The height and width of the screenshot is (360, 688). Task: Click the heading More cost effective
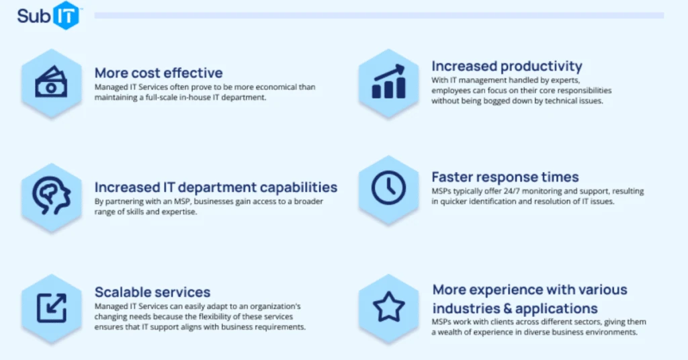tap(158, 73)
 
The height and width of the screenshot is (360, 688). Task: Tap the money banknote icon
tap(51, 81)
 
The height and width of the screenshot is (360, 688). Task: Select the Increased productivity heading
tap(507, 66)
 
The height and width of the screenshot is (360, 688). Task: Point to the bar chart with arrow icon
tap(388, 81)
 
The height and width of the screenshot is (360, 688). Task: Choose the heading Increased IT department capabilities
tap(216, 187)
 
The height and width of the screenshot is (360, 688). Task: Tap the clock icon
tap(388, 187)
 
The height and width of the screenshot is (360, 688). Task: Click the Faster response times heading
tap(505, 177)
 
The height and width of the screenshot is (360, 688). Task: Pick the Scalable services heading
tap(153, 292)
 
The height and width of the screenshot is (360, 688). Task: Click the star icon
tap(388, 307)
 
